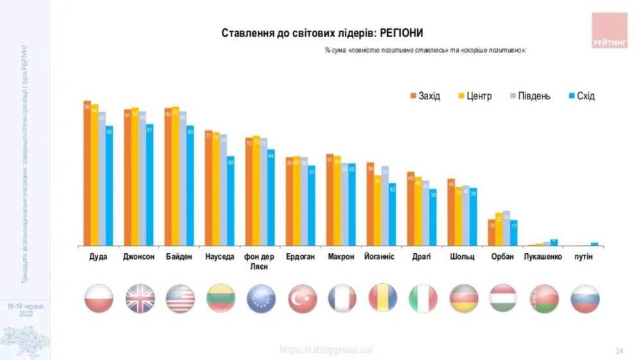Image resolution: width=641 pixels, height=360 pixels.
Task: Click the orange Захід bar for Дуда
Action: coord(87,173)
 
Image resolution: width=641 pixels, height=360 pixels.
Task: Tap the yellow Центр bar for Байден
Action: coord(175,176)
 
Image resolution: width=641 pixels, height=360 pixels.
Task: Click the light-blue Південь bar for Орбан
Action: coord(506,228)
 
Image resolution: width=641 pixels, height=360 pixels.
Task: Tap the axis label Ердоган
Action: coord(301,257)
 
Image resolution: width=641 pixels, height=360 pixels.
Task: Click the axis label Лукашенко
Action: coord(542,257)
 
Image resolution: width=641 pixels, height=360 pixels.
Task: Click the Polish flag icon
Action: coord(99,299)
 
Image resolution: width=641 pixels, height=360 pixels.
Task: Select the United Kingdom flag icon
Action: coord(139,299)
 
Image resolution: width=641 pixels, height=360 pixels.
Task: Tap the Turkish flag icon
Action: coord(302,299)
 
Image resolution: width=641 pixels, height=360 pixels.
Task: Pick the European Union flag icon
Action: coord(261,299)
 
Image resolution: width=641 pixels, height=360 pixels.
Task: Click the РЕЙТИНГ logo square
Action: coord(610,30)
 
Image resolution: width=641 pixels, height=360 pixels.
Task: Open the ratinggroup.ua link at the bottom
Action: coord(326,350)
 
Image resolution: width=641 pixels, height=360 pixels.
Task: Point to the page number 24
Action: coord(619,350)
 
